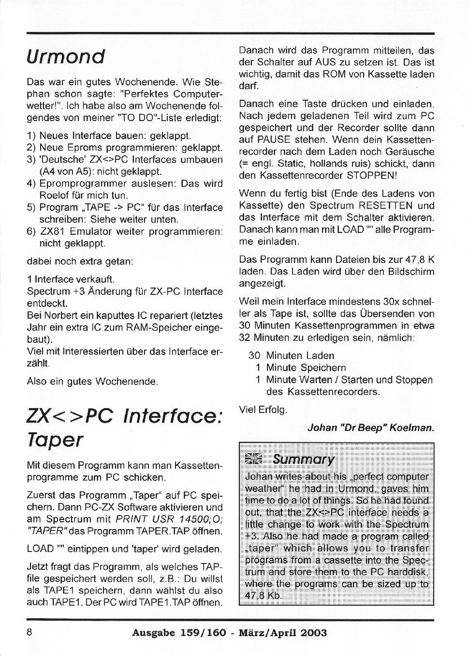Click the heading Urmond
click(x=66, y=57)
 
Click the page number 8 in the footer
click(x=29, y=632)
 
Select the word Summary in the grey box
click(x=303, y=459)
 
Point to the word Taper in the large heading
click(x=55, y=440)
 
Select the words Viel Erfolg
click(x=263, y=410)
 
